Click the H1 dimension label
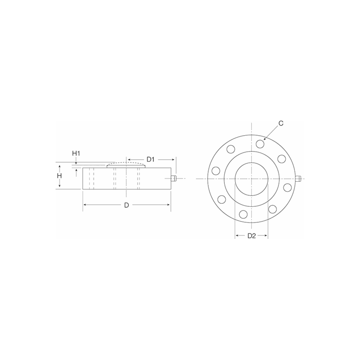coord(76,152)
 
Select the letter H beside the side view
coord(59,176)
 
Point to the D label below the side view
coord(127,205)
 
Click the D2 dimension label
coord(252,236)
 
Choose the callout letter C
coord(281,124)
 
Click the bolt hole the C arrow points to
coord(260,144)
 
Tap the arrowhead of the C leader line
coord(265,138)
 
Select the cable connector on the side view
coord(174,178)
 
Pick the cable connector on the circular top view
coord(298,179)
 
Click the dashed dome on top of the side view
coord(126,164)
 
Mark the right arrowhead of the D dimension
coord(169,205)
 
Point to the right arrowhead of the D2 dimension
coord(266,236)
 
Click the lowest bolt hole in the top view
coord(243,214)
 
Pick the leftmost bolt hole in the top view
coord(216,170)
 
